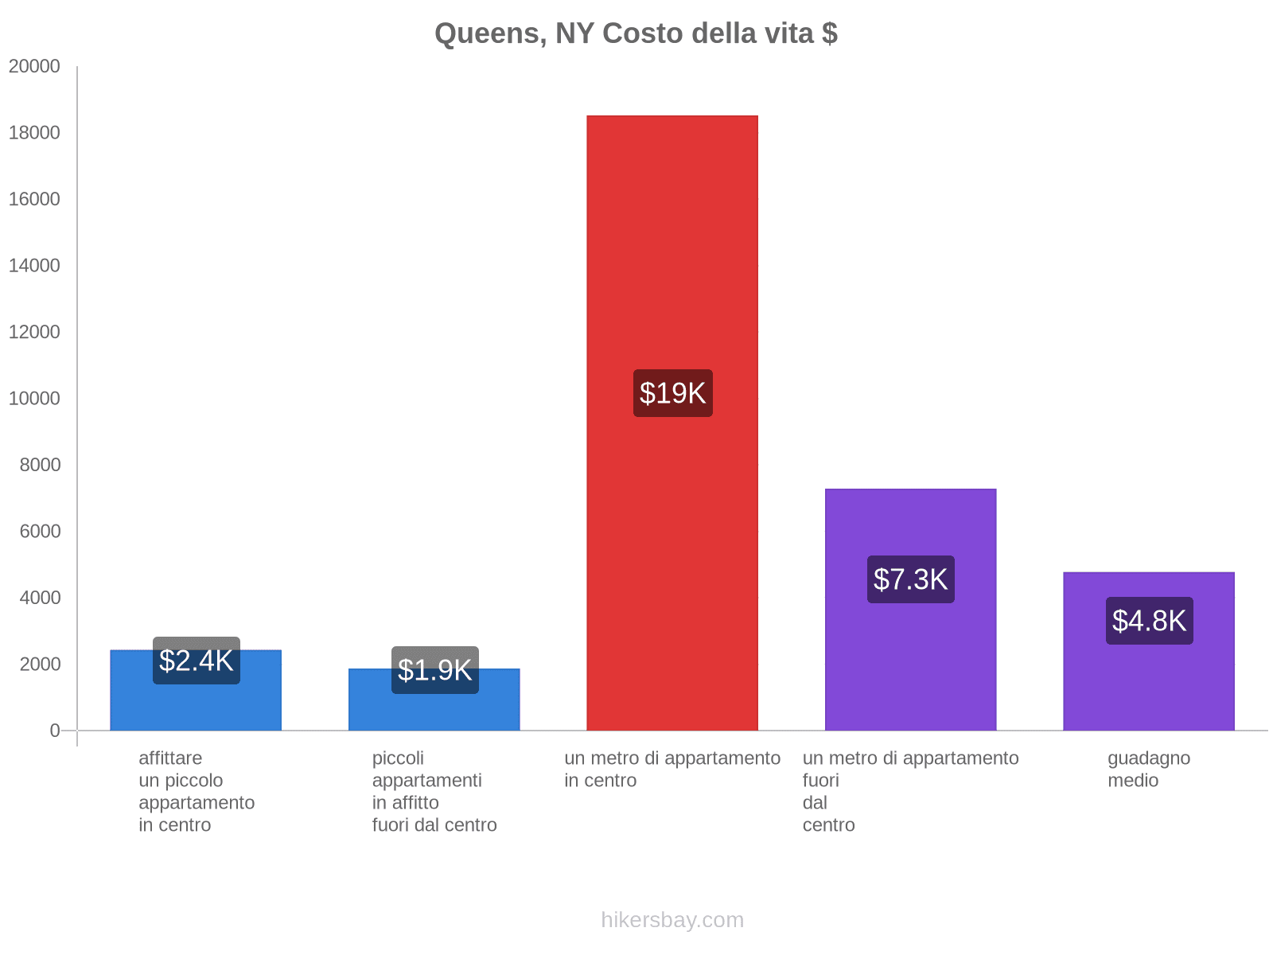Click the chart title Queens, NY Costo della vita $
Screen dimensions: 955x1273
click(x=636, y=33)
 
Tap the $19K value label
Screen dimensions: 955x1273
click(x=672, y=393)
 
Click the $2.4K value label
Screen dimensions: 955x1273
click(x=196, y=661)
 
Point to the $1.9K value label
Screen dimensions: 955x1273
click(x=434, y=670)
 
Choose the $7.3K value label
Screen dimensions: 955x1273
click(x=910, y=579)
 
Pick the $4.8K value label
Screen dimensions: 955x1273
click(x=1149, y=621)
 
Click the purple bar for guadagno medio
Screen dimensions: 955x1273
click(x=1149, y=684)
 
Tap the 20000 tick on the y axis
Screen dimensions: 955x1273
click(x=34, y=67)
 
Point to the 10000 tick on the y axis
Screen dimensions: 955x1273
click(x=34, y=399)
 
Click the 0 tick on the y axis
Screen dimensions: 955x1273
click(x=55, y=731)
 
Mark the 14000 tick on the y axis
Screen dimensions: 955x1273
click(x=34, y=266)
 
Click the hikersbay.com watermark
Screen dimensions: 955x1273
click(x=672, y=920)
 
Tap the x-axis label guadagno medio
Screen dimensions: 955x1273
click(x=1149, y=770)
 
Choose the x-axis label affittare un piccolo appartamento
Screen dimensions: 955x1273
click(x=196, y=791)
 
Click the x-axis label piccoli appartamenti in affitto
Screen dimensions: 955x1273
click(x=434, y=791)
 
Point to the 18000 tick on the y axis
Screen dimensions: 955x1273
click(x=34, y=133)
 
